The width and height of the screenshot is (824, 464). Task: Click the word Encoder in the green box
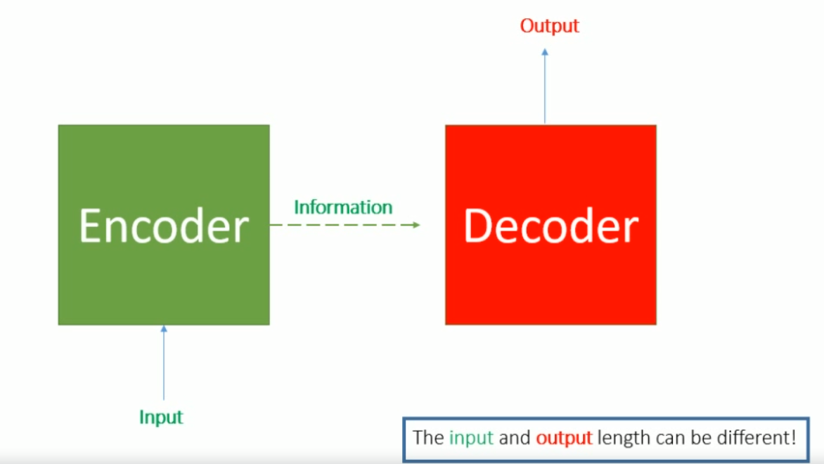click(163, 226)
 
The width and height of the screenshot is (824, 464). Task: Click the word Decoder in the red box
click(551, 226)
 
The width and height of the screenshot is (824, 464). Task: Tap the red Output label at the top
click(549, 26)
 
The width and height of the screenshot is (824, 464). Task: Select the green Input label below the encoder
click(161, 417)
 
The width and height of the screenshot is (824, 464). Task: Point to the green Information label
click(343, 207)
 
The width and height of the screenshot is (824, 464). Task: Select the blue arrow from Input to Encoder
click(164, 366)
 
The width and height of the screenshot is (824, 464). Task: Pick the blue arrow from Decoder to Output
click(545, 88)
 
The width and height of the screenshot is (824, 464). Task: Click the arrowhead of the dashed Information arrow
click(416, 225)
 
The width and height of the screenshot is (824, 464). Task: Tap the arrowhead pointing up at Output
click(545, 52)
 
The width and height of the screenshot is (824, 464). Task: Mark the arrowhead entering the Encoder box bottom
click(164, 329)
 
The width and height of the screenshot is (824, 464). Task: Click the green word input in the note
click(471, 438)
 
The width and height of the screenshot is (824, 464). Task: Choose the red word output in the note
click(564, 438)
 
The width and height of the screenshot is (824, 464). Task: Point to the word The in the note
click(428, 438)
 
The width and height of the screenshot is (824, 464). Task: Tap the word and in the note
click(515, 438)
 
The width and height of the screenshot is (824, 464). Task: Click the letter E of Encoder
click(90, 226)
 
